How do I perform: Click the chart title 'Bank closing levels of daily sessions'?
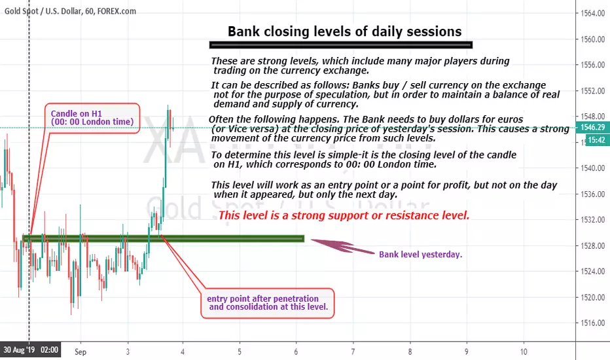pos(344,31)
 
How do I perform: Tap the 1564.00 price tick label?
pos(593,14)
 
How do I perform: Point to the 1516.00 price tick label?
pos(593,323)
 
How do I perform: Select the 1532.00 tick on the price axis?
pos(593,220)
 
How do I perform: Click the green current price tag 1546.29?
pos(592,127)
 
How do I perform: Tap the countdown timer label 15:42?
pos(596,139)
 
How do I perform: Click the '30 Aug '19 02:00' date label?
pos(31,350)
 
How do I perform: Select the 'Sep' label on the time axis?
pos(81,352)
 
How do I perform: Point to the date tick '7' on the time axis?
pos(353,352)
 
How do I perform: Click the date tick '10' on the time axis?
pos(524,352)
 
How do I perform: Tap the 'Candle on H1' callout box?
pos(92,118)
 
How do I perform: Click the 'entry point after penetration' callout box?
pos(267,303)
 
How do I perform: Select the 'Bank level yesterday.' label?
pos(421,255)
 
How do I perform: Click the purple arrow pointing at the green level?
pos(342,246)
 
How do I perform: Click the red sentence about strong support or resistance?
pos(344,215)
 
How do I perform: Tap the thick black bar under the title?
pos(341,45)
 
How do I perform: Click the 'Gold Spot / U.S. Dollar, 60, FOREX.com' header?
pos(70,11)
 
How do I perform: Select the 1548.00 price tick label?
pos(593,117)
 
